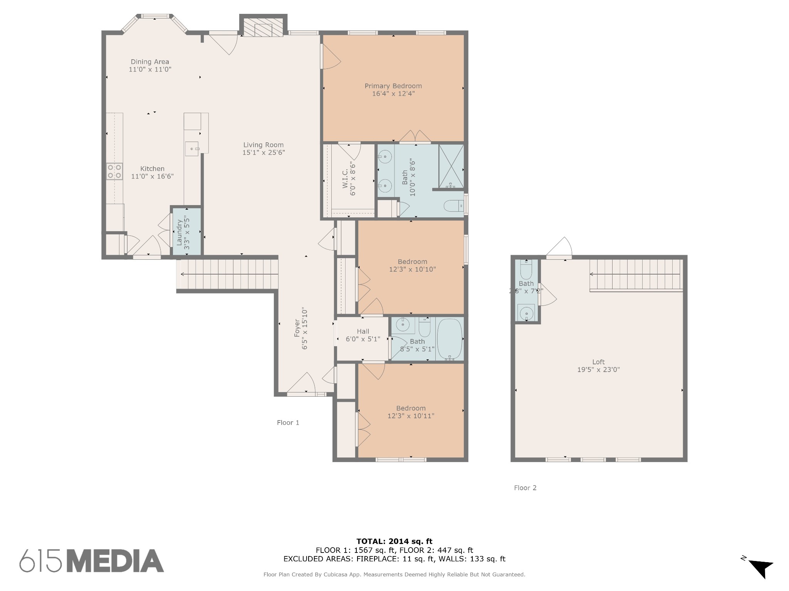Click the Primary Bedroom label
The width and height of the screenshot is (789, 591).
pos(393,86)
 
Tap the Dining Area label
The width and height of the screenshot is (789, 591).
pos(150,62)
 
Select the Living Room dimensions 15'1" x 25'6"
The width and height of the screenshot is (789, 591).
pos(264,153)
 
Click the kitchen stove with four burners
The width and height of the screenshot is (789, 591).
pos(115,172)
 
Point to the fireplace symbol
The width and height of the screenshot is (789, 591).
pos(263,28)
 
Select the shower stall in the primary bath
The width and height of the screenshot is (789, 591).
pos(451,166)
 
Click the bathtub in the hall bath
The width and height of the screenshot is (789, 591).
pos(450,339)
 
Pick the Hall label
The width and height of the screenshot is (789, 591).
pos(363,331)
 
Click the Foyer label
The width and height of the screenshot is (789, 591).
pos(297,328)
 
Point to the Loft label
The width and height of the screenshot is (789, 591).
pos(598,362)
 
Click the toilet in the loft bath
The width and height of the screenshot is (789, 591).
pos(526,270)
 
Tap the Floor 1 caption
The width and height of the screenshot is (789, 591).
pos(288,423)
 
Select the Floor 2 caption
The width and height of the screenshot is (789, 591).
pos(525,488)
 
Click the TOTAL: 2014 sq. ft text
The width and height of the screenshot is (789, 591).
pos(394,542)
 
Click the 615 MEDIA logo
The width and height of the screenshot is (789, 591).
pos(92,561)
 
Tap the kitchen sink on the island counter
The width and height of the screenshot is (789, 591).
pos(192,149)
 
